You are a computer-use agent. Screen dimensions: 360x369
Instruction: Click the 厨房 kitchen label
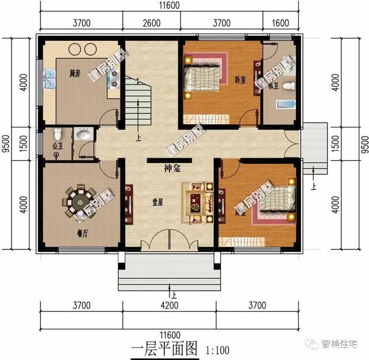(74, 73)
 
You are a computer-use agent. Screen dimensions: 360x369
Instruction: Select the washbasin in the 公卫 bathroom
(84, 135)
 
